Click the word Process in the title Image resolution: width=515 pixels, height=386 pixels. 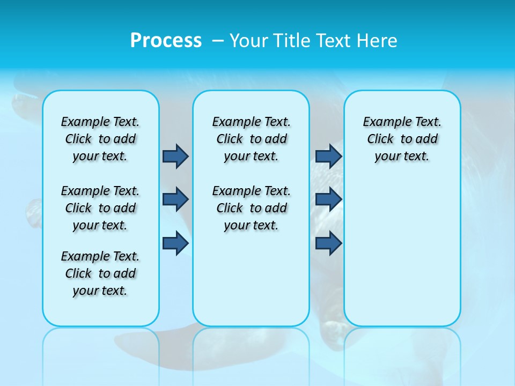tap(166, 40)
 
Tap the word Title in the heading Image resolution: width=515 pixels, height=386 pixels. tap(292, 40)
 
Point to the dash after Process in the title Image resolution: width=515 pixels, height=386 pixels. tap(218, 41)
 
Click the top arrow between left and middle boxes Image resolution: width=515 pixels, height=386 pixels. tap(175, 156)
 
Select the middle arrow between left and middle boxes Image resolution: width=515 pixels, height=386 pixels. tap(175, 199)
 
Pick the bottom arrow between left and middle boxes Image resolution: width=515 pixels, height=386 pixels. tap(175, 243)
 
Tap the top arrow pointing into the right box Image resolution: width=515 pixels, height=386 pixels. tap(328, 156)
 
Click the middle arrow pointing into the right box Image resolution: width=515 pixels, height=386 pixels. tap(328, 199)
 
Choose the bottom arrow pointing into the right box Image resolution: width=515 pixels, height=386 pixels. tap(328, 243)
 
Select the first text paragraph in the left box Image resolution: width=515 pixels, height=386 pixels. tap(100, 139)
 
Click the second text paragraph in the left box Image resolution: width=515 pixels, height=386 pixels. tap(100, 208)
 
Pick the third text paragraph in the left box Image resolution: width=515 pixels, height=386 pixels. tap(100, 273)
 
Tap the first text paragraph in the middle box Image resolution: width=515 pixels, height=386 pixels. tap(251, 139)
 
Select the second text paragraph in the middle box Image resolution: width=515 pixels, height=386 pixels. tap(251, 208)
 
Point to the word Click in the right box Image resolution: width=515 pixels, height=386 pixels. tap(380, 139)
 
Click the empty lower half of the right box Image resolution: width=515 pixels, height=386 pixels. tap(402, 257)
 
